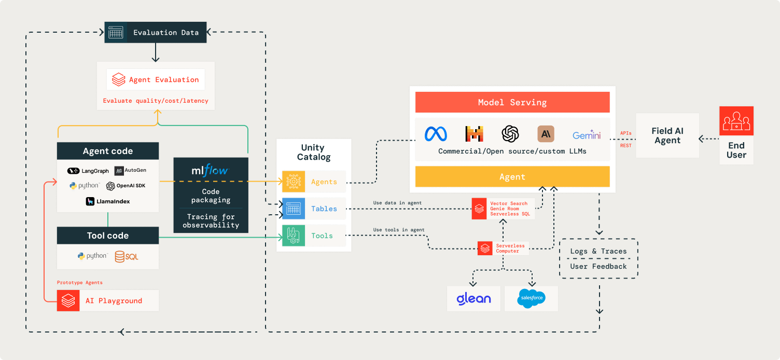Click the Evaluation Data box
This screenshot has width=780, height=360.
(156, 32)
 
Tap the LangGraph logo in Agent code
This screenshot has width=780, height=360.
(88, 171)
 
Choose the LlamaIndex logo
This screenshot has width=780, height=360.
(108, 201)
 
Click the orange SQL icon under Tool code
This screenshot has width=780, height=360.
(127, 256)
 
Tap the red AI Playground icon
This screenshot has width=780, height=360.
(68, 300)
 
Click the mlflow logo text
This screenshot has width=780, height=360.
(210, 170)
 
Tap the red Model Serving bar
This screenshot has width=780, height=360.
(512, 102)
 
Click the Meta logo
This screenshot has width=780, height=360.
(436, 134)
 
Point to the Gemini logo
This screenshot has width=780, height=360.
(587, 135)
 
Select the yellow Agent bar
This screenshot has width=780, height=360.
(512, 176)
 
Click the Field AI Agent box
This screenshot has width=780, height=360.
(667, 135)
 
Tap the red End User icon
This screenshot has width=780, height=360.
(736, 121)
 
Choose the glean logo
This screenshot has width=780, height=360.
(473, 299)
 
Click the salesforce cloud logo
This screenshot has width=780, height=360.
(531, 299)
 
